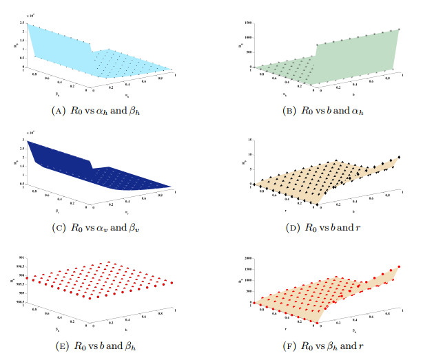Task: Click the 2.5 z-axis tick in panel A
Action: pos(23,25)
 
